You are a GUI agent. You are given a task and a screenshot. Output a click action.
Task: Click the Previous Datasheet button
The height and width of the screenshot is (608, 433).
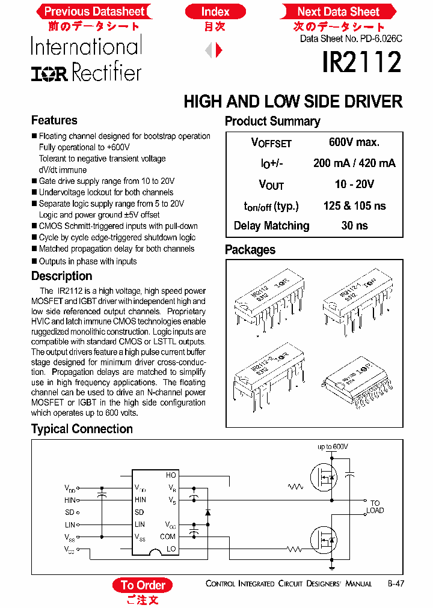tap(94, 11)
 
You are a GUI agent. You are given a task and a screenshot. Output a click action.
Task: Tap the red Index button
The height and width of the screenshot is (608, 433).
tap(215, 11)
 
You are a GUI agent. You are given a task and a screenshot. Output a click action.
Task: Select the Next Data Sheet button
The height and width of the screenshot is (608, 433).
tap(338, 11)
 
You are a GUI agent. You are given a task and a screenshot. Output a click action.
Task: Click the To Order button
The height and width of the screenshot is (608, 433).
tap(143, 585)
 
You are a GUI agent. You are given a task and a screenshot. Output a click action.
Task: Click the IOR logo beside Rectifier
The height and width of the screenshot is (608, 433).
tap(49, 73)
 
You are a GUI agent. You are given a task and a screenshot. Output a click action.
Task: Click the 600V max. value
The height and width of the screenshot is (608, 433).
tap(354, 142)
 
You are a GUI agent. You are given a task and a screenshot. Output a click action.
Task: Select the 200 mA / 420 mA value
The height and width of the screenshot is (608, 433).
tap(354, 163)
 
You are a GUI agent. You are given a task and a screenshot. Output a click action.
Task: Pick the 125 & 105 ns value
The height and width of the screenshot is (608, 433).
tap(354, 205)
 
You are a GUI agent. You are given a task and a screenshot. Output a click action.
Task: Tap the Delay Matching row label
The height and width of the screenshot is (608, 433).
tap(271, 226)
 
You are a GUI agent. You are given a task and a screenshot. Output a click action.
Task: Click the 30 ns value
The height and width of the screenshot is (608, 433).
tap(354, 226)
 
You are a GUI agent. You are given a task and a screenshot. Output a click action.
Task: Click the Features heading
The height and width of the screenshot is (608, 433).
tap(54, 120)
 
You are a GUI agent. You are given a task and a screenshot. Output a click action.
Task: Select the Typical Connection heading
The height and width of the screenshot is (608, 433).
tap(82, 429)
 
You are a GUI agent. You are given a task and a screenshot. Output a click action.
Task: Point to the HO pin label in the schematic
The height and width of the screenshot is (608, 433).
tap(171, 475)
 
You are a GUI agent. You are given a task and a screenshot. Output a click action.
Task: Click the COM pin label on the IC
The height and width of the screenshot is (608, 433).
tap(168, 537)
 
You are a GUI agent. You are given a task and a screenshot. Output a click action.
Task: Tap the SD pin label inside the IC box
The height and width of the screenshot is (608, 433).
tap(139, 512)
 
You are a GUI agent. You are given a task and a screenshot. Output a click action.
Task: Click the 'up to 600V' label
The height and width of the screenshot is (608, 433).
tap(333, 447)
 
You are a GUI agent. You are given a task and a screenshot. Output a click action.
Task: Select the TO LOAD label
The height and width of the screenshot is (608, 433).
tap(375, 507)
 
